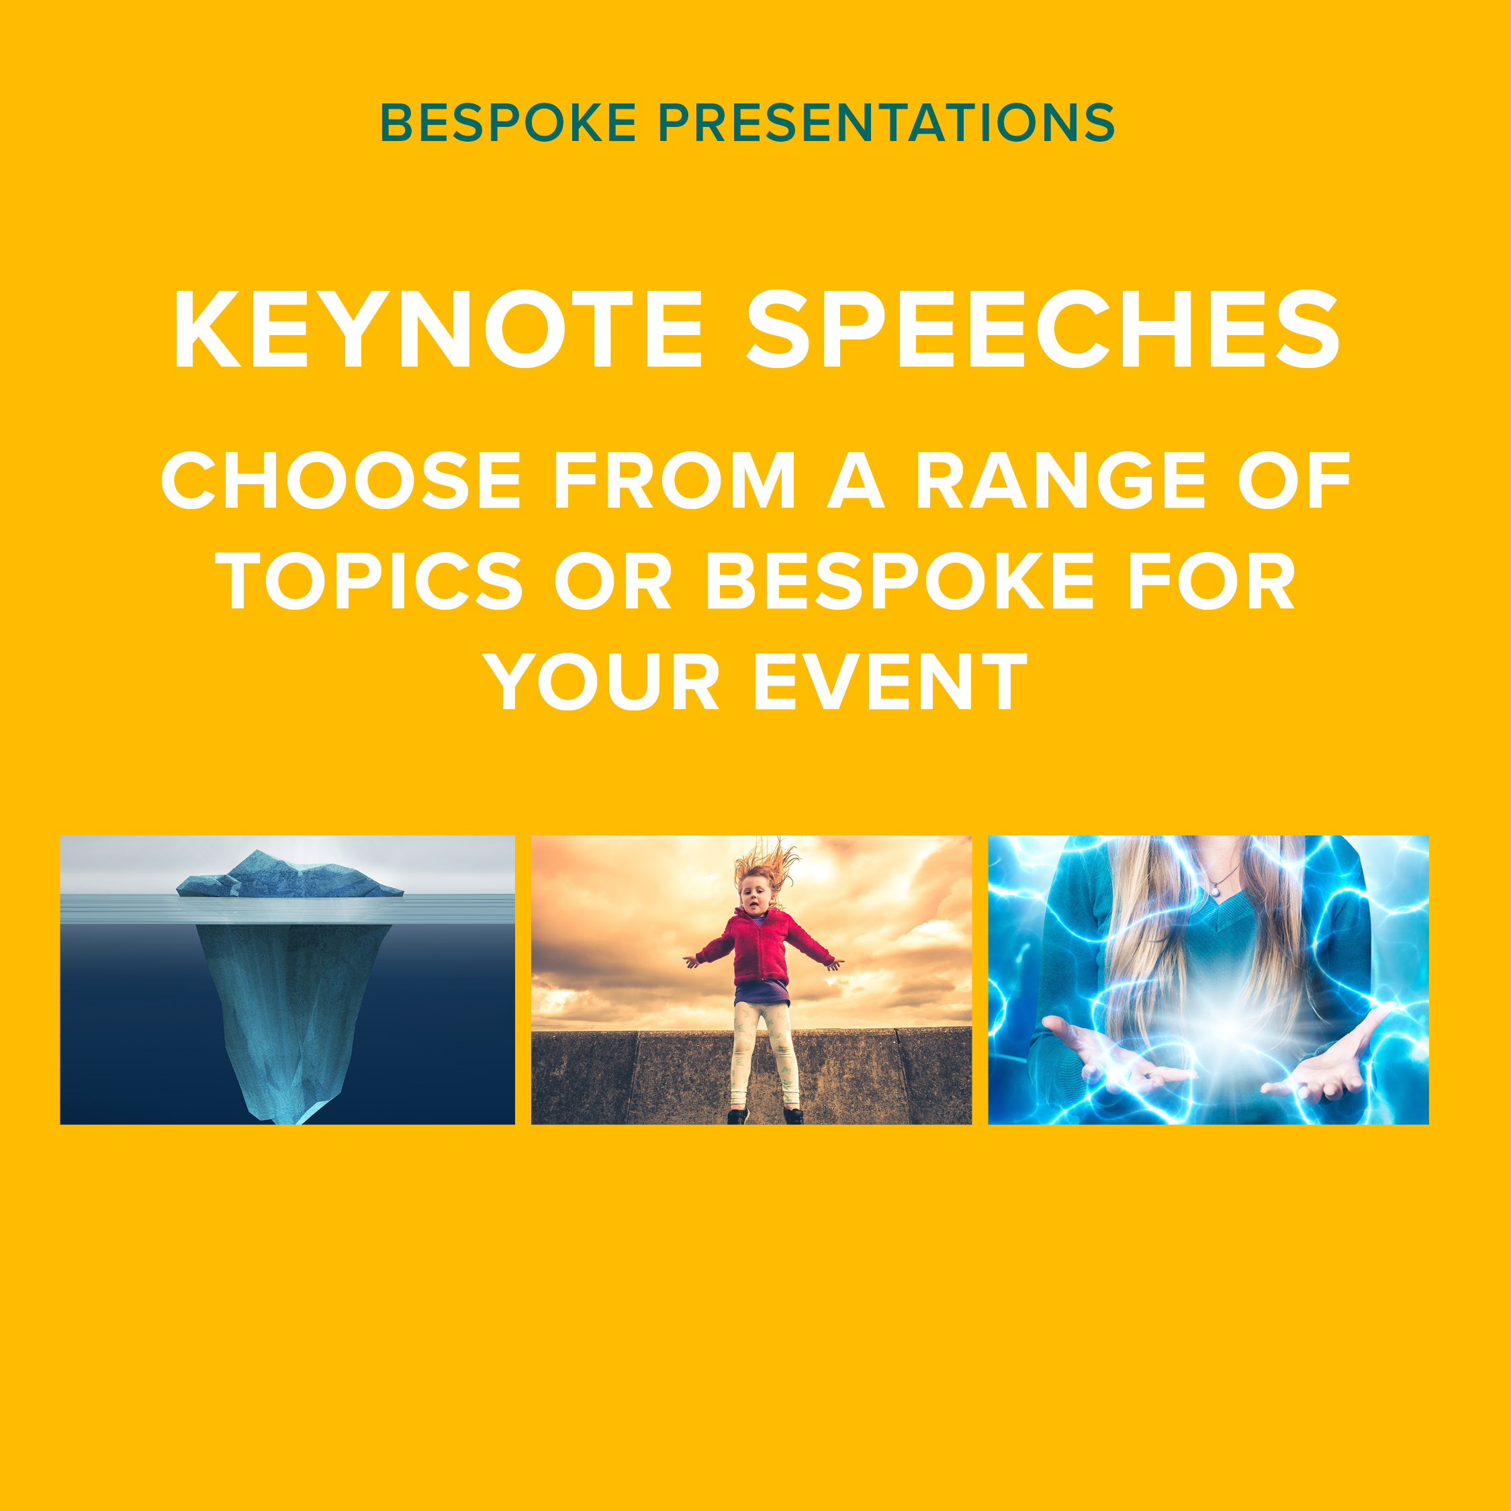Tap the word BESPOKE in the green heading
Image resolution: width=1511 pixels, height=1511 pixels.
[508, 123]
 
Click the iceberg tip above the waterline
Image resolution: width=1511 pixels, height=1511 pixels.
[290, 874]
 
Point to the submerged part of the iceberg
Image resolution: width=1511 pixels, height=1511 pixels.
[293, 1017]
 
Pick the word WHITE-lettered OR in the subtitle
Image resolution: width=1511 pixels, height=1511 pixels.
[612, 580]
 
